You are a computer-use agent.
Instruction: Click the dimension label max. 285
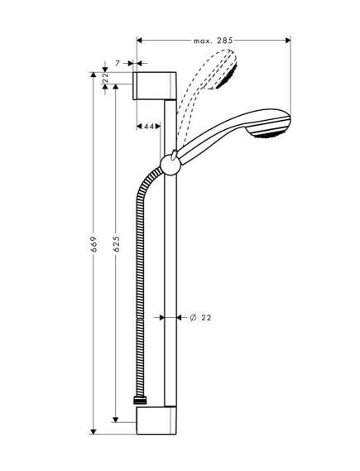pyautogui.click(x=214, y=41)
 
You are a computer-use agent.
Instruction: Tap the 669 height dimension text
pyautogui.click(x=94, y=244)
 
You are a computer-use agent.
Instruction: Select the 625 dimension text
pyautogui.click(x=116, y=244)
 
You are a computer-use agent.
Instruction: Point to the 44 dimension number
pyautogui.click(x=149, y=127)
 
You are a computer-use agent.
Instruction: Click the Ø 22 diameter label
pyautogui.click(x=201, y=317)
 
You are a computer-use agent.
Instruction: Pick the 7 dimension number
pyautogui.click(x=118, y=63)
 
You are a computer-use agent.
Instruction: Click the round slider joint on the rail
pyautogui.click(x=170, y=165)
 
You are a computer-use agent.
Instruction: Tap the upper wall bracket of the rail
pyautogui.click(x=154, y=86)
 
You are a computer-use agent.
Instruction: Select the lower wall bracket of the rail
pyautogui.click(x=156, y=421)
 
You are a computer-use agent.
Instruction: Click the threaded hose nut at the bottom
pyautogui.click(x=139, y=401)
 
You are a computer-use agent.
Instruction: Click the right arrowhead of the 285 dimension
pyautogui.click(x=288, y=41)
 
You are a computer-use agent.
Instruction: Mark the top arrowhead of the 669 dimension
pyautogui.click(x=94, y=75)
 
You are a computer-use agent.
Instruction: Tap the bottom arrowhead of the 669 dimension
pyautogui.click(x=94, y=431)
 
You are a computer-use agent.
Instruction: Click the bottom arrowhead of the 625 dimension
pyautogui.click(x=116, y=420)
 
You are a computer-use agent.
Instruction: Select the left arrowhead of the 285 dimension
pyautogui.click(x=140, y=41)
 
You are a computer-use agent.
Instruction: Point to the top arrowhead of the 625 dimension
pyautogui.click(x=116, y=87)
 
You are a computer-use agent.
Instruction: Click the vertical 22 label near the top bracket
pyautogui.click(x=105, y=78)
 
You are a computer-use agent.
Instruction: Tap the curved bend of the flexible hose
pyautogui.click(x=144, y=186)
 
